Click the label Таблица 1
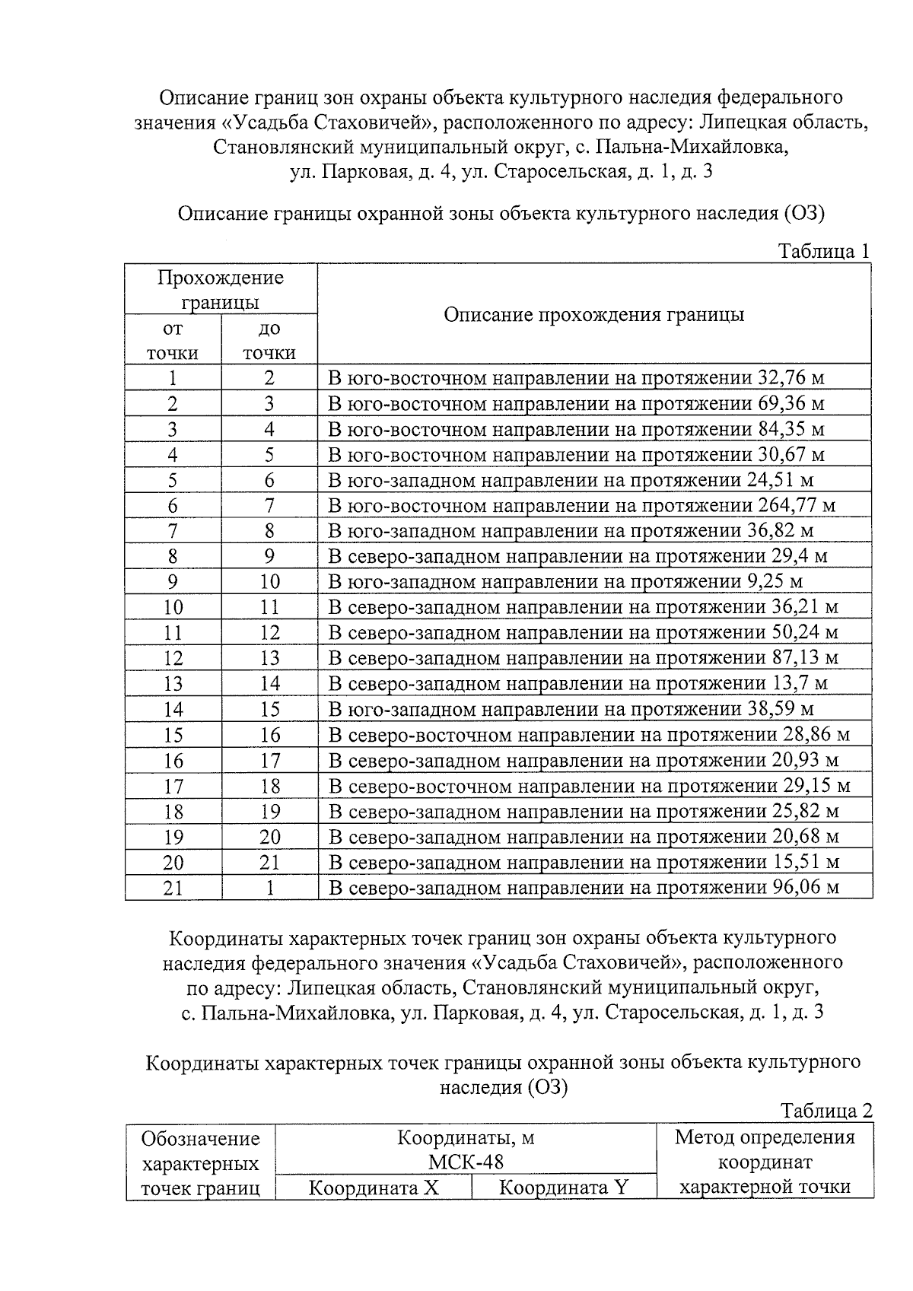[824, 252]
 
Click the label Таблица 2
[826, 1111]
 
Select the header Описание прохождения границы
[593, 314]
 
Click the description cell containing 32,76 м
[576, 378]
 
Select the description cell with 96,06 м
[584, 888]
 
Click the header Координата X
[374, 1188]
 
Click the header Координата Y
[563, 1188]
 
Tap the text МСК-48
[466, 1162]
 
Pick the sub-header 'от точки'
[173, 341]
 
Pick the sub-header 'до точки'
[269, 341]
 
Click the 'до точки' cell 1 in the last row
[269, 888]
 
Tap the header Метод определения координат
[765, 1162]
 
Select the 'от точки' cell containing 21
[173, 888]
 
